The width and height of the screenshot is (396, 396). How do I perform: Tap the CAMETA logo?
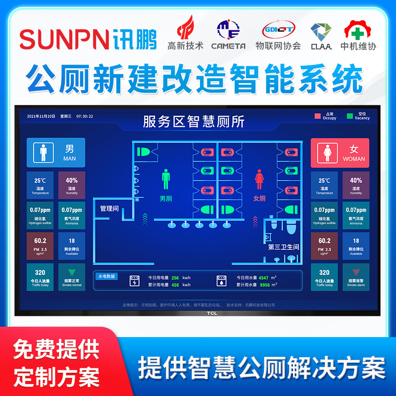point(228,35)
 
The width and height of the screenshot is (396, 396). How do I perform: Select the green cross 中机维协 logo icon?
point(358,31)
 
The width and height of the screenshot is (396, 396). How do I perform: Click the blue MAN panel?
point(55,152)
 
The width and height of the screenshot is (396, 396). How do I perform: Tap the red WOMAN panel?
point(340,152)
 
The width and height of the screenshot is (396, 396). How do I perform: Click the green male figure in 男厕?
point(165,180)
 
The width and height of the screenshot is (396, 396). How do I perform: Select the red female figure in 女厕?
point(259,180)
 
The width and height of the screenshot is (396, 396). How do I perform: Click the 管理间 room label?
point(109,208)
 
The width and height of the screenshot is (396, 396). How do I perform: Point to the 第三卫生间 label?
point(284,247)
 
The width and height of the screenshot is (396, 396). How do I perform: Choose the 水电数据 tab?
point(106,276)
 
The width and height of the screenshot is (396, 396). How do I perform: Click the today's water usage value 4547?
point(264,278)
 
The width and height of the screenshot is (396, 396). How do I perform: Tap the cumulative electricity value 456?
point(175,285)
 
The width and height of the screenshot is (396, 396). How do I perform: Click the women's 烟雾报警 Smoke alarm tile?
point(355,277)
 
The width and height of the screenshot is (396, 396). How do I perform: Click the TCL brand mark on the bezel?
point(198,313)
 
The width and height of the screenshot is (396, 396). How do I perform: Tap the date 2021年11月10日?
point(41,117)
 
